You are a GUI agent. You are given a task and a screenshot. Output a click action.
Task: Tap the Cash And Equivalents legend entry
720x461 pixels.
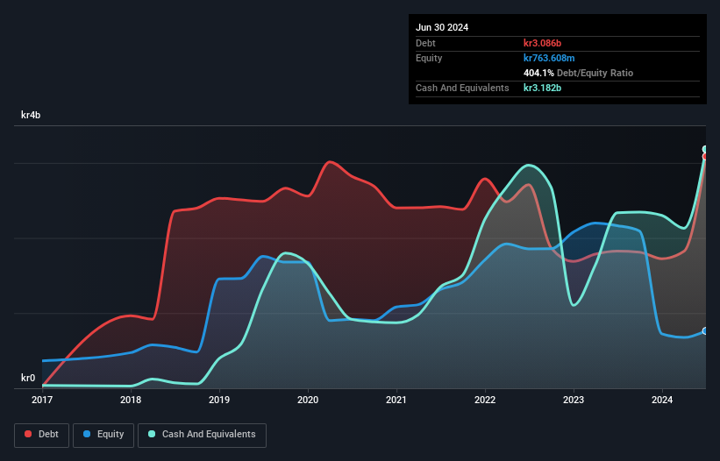[x=202, y=435]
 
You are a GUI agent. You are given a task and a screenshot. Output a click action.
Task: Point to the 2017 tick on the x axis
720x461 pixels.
[x=42, y=401]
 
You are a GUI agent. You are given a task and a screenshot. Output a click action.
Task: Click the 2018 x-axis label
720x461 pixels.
[x=131, y=401]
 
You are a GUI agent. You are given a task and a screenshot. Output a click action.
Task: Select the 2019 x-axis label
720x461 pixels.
[x=219, y=401]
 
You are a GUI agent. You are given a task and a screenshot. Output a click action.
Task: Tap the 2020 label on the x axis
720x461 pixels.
[x=308, y=401]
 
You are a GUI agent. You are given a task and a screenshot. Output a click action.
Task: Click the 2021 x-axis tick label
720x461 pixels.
[x=396, y=401]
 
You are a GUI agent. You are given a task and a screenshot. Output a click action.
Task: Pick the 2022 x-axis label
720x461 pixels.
[x=485, y=401]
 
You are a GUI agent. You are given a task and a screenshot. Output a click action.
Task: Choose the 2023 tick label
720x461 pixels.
[x=574, y=401]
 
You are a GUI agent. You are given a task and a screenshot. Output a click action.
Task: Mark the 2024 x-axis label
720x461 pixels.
[x=662, y=401]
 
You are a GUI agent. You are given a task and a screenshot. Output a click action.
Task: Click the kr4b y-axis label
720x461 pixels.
[x=31, y=115]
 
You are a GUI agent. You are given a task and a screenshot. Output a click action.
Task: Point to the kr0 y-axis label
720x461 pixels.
[x=28, y=379]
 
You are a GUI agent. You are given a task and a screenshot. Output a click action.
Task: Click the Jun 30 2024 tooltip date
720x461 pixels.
[x=442, y=27]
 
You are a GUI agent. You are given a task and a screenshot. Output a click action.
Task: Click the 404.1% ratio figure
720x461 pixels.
[x=539, y=73]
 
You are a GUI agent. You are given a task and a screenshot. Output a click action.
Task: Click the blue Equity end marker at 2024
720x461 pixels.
[x=705, y=330]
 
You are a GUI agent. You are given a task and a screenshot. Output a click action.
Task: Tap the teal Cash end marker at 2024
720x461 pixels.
[x=705, y=149]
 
